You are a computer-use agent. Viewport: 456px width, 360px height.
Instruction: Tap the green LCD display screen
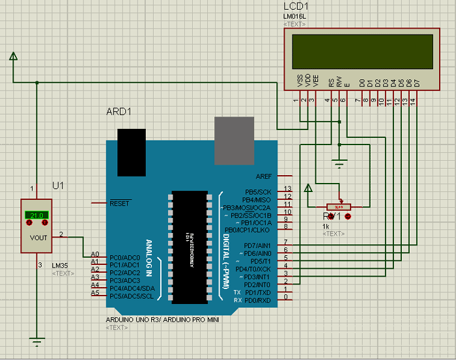click(362, 51)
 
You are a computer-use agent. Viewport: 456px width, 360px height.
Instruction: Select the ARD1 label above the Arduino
click(119, 111)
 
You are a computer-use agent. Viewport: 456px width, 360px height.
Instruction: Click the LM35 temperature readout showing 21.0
click(36, 215)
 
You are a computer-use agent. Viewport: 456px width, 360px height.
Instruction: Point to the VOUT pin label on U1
click(39, 238)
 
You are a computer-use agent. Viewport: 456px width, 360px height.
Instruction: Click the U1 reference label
click(59, 186)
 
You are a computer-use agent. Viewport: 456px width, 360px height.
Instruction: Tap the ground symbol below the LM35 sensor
click(37, 340)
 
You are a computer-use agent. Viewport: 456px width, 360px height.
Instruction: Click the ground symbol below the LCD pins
click(339, 163)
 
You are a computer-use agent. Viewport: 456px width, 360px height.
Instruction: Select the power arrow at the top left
click(13, 59)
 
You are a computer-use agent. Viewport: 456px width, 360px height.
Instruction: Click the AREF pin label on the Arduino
click(264, 176)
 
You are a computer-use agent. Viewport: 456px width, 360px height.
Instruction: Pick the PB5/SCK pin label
click(258, 192)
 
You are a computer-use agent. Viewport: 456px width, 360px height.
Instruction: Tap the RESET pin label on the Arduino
click(120, 203)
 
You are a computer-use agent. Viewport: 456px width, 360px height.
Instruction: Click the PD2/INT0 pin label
click(257, 285)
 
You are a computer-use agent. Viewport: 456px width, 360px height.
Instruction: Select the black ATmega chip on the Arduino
click(190, 247)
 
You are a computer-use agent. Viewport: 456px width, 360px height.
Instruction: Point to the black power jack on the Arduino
click(131, 152)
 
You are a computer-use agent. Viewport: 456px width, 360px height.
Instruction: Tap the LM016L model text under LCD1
click(295, 16)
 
